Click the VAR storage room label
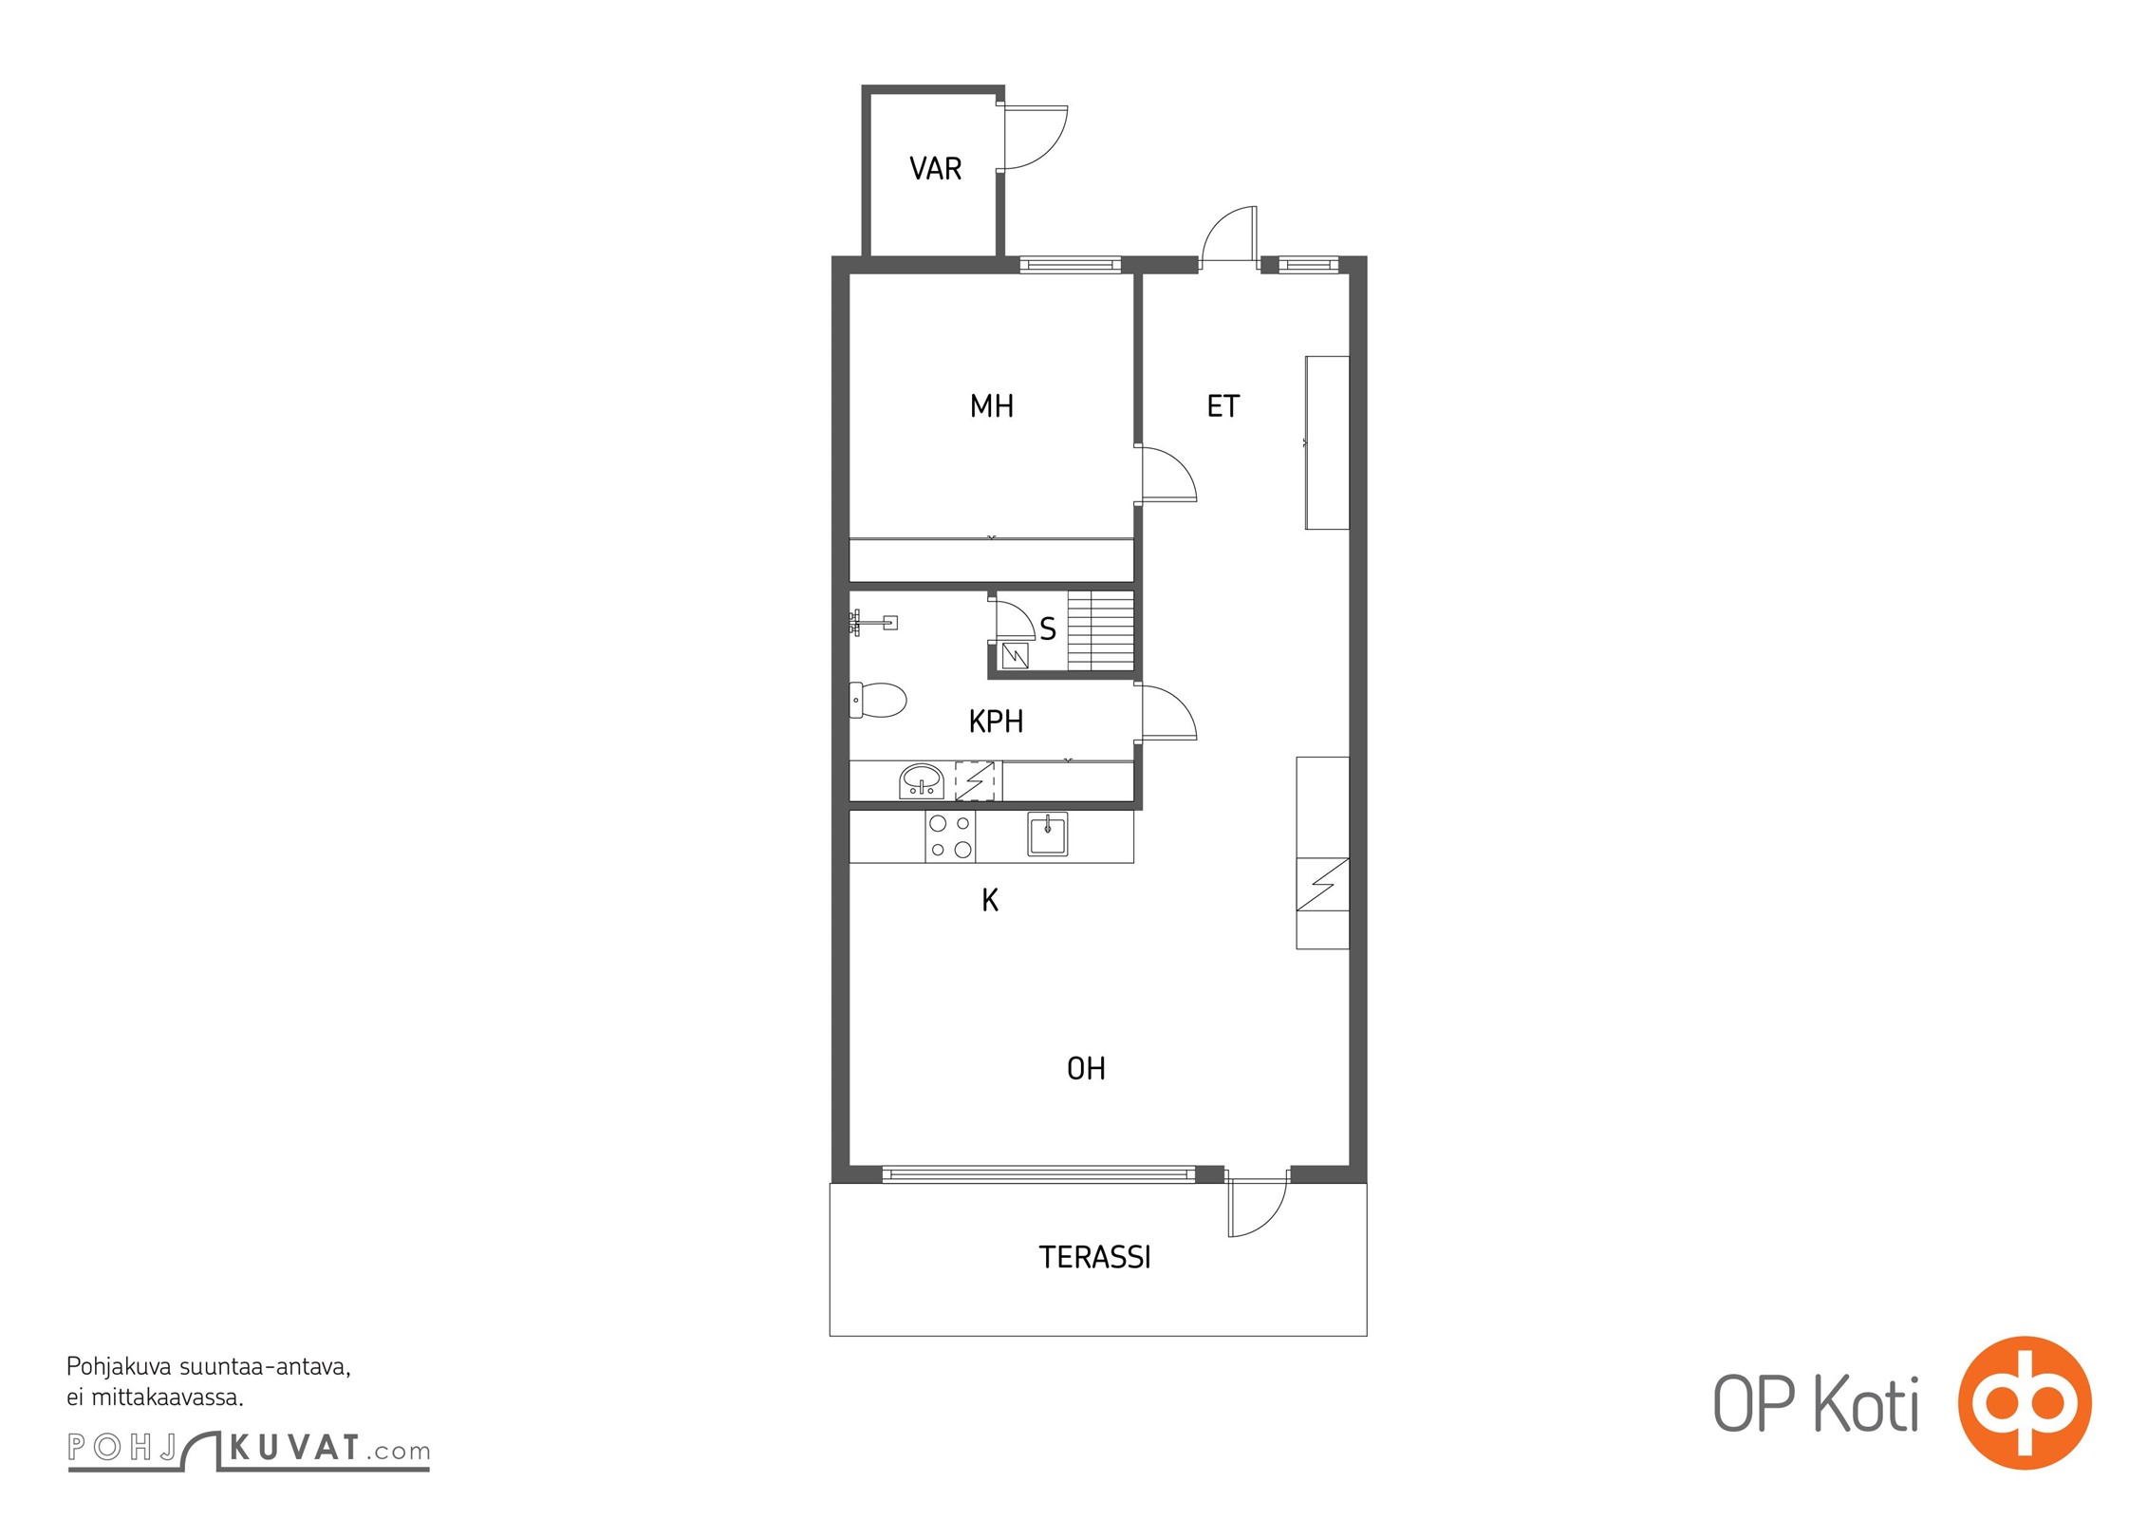[x=935, y=169]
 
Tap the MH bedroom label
[x=992, y=406]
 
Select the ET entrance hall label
[x=1223, y=406]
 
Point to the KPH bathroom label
[x=996, y=722]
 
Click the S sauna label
[x=1048, y=628]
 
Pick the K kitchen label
[x=990, y=900]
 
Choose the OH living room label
[x=1086, y=1069]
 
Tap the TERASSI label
[x=1094, y=1257]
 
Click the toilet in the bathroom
[x=878, y=701]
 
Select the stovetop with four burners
[x=950, y=836]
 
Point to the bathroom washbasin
[x=921, y=780]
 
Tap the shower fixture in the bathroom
[x=872, y=623]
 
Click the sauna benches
[x=1101, y=630]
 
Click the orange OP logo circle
[x=2025, y=1401]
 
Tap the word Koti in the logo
[x=1866, y=1404]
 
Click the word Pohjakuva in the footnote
[x=120, y=1368]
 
